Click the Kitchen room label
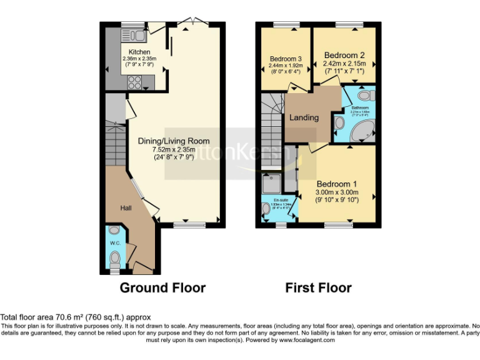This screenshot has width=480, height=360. pyautogui.click(x=139, y=51)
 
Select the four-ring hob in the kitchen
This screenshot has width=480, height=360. pyautogui.click(x=134, y=81)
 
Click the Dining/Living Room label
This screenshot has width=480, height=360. pyautogui.click(x=174, y=141)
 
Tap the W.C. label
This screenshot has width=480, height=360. pyautogui.click(x=114, y=242)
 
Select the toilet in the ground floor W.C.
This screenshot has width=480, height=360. pyautogui.click(x=114, y=259)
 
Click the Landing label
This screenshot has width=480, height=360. pyautogui.click(x=304, y=117)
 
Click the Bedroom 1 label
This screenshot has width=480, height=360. pyautogui.click(x=336, y=184)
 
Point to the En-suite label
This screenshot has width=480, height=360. pyautogui.click(x=280, y=200)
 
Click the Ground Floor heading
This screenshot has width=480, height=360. pyautogui.click(x=162, y=288)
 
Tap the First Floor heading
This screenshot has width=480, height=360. pyautogui.click(x=318, y=288)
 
